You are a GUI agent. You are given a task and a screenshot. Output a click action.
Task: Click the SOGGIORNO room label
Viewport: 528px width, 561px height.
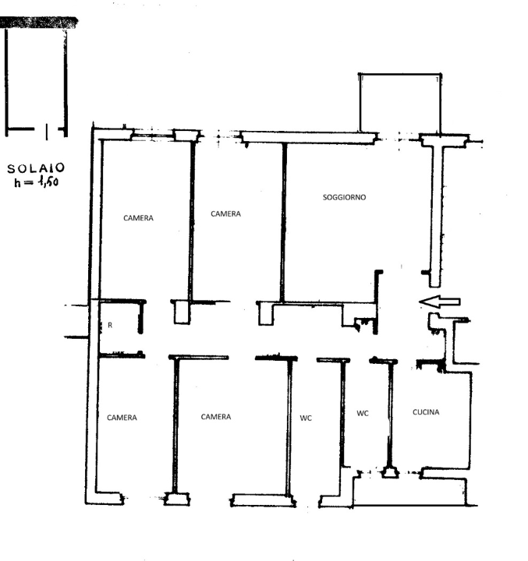344,198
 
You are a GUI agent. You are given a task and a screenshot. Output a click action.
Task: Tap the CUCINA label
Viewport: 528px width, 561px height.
426,412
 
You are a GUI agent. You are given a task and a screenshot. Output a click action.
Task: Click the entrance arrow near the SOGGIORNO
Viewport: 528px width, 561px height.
440,302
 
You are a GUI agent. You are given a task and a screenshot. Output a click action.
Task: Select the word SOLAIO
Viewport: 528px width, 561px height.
36,168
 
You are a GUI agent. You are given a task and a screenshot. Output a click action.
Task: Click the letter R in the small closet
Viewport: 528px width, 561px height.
110,326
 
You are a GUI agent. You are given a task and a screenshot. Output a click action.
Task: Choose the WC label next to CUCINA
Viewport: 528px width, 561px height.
363,414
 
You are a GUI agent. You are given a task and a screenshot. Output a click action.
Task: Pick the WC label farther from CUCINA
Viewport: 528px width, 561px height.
306,418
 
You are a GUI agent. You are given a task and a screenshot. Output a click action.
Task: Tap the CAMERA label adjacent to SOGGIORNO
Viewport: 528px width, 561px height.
226,213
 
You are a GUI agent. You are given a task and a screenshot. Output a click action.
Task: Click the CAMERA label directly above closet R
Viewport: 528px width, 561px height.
138,218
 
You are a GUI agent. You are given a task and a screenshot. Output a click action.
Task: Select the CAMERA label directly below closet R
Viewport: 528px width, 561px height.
122,418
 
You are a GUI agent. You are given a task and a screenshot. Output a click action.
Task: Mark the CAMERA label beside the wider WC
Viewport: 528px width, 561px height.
215,417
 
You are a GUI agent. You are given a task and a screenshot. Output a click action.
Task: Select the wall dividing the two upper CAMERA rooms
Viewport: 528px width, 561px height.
191,218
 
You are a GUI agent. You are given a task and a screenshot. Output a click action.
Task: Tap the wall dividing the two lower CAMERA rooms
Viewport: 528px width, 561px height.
175,425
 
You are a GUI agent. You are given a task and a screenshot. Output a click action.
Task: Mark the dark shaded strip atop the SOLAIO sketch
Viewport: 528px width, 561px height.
39,23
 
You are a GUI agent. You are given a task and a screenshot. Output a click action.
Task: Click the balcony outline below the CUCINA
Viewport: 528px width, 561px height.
409,489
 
